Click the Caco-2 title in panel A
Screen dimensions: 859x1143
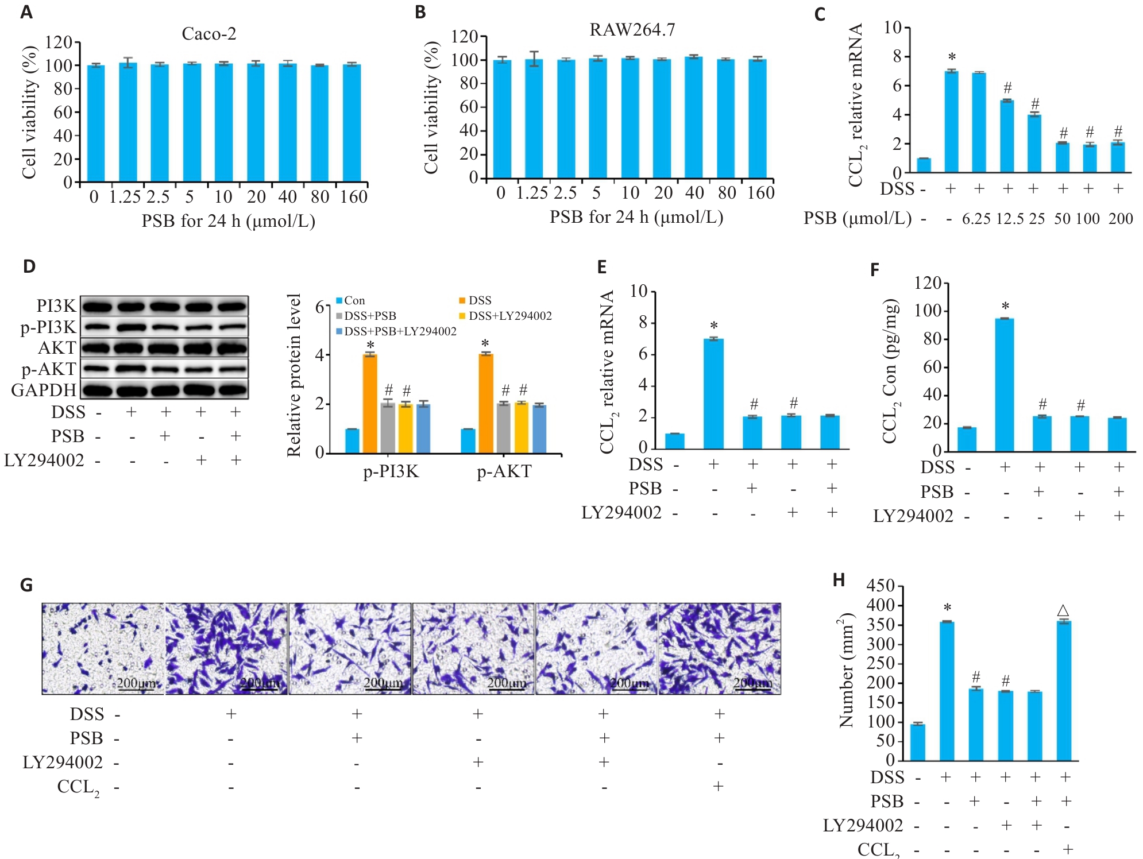click(x=208, y=34)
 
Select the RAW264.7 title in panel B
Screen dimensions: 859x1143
click(x=632, y=30)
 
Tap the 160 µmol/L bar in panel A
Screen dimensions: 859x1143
click(x=352, y=123)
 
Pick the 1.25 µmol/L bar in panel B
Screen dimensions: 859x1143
click(x=534, y=118)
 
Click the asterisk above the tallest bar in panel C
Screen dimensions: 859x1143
click(x=952, y=57)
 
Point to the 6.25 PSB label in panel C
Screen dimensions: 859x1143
click(x=976, y=219)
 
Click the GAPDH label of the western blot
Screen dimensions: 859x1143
click(x=44, y=390)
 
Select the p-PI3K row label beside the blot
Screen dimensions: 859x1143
click(x=48, y=327)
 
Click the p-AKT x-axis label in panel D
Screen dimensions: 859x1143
click(x=504, y=471)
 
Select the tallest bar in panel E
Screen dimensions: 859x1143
click(x=713, y=393)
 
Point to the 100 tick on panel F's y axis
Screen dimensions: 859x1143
click(x=928, y=311)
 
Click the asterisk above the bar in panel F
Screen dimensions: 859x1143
click(x=1005, y=307)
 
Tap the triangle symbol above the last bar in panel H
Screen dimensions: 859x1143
click(x=1063, y=610)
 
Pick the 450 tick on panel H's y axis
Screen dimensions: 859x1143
click(x=881, y=586)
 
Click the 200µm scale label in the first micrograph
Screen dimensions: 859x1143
click(x=136, y=683)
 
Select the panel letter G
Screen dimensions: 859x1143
click(x=26, y=585)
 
